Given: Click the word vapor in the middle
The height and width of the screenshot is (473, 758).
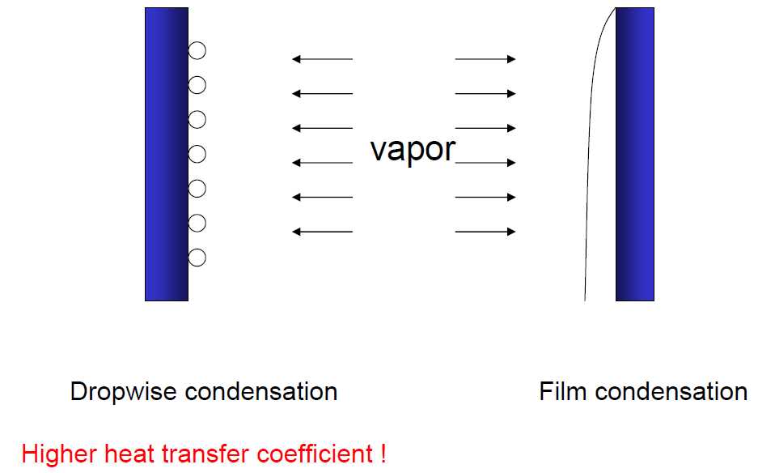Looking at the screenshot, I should (413, 150).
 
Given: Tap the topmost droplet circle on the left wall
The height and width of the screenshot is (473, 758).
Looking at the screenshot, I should (197, 51).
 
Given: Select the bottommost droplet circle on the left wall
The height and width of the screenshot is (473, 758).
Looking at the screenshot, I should (197, 258).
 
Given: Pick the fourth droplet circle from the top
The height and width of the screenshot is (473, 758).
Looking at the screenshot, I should (197, 155).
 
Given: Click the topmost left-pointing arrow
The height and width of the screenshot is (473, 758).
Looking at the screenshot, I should (322, 59).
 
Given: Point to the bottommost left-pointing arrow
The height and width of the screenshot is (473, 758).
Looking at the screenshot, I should (322, 232).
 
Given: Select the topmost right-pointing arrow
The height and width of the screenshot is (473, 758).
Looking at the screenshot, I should (485, 59).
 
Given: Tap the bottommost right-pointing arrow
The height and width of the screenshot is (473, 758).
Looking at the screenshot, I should (485, 232).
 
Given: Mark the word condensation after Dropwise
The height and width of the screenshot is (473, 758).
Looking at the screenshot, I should (260, 392).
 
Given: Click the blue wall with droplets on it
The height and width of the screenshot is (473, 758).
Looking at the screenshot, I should (166, 154).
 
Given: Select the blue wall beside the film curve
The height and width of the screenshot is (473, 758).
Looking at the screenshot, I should (634, 154).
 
